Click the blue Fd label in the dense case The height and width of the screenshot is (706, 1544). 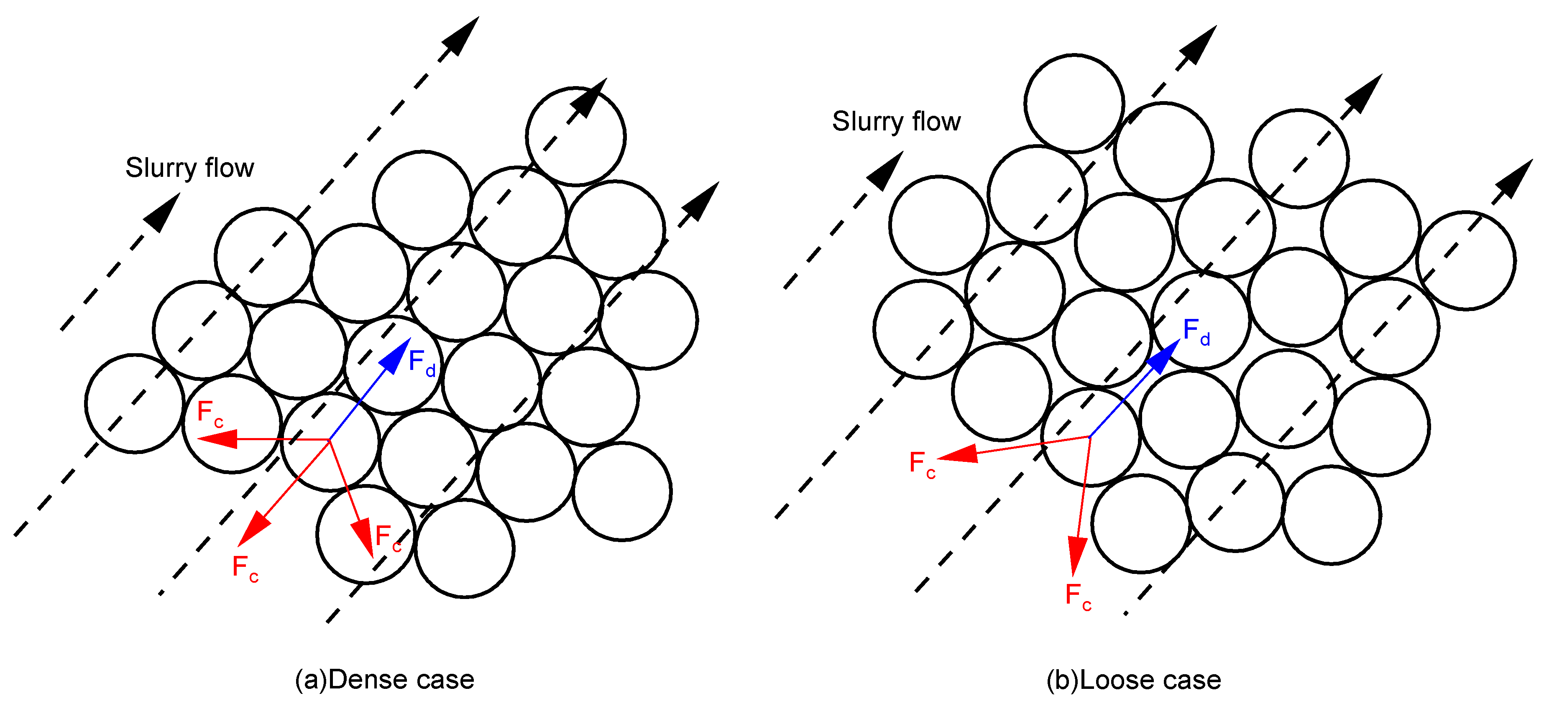(422, 362)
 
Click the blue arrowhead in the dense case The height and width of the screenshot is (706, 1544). (396, 356)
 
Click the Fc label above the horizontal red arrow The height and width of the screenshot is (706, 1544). (210, 413)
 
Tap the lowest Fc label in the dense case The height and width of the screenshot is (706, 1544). (245, 568)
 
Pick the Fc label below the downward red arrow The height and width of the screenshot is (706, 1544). (1078, 596)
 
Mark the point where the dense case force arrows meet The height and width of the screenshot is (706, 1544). (329, 440)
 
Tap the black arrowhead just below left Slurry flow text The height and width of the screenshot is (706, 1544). (162, 213)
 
